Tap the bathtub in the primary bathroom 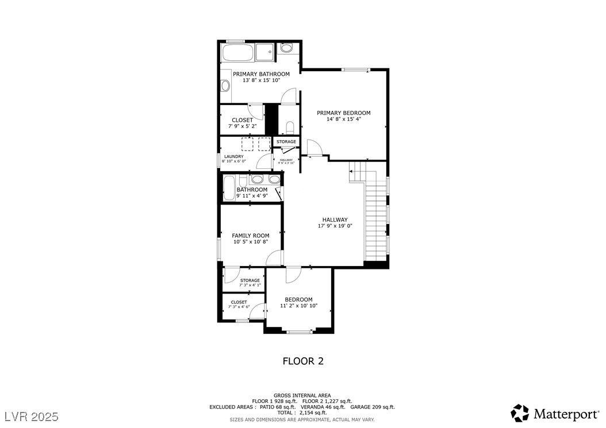(237, 53)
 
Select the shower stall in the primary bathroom (266, 52)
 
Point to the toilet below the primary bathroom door (290, 126)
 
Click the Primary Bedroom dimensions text (343, 119)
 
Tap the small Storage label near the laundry (286, 142)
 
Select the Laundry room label (233, 156)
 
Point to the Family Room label (250, 236)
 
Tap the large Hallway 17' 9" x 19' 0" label (335, 223)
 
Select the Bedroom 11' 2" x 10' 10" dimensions (298, 306)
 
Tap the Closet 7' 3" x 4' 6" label (239, 304)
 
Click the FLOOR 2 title (302, 361)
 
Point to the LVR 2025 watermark (32, 415)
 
